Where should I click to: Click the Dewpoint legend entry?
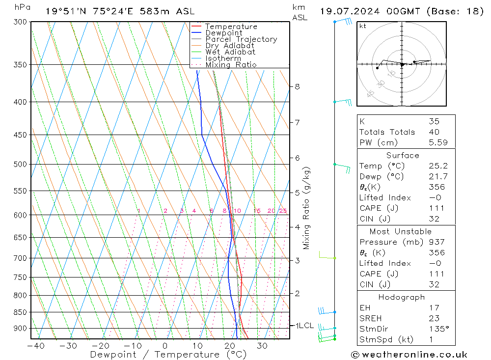pyautogui.click(x=223, y=33)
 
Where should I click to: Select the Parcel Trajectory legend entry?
pyautogui.click(x=241, y=39)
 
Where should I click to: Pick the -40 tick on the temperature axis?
pyautogui.click(x=35, y=346)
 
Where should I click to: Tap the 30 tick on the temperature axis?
pyautogui.click(x=262, y=346)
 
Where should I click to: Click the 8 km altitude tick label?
pyautogui.click(x=297, y=87)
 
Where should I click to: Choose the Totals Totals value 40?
pyautogui.click(x=434, y=132)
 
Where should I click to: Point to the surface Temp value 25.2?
pyautogui.click(x=438, y=166)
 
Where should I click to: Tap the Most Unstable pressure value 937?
pyautogui.click(x=436, y=242)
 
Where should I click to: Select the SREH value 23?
pyautogui.click(x=434, y=318)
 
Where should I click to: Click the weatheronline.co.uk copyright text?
pyautogui.click(x=409, y=355)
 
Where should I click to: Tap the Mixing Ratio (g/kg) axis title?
pyautogui.click(x=307, y=208)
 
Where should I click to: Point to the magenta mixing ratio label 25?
pyautogui.click(x=283, y=211)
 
